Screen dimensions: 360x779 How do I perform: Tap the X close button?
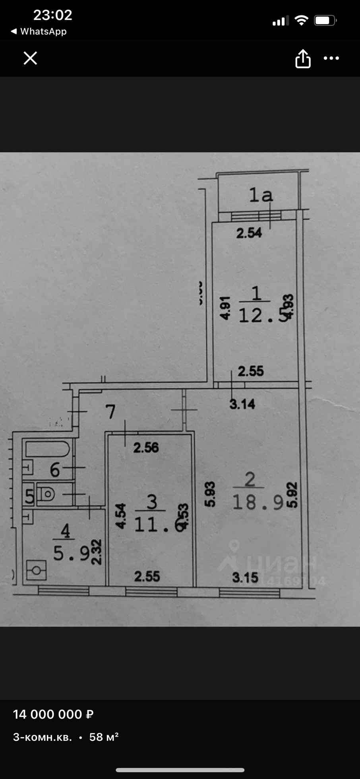pyautogui.click(x=30, y=58)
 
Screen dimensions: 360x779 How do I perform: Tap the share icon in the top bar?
pyautogui.click(x=303, y=59)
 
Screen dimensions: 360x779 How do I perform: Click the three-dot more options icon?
pyautogui.click(x=331, y=58)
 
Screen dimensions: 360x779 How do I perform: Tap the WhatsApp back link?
pyautogui.click(x=39, y=31)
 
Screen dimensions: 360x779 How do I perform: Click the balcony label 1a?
pyautogui.click(x=261, y=195)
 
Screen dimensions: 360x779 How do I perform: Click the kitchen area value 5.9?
pyautogui.click(x=71, y=553)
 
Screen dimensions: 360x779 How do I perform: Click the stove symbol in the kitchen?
pyautogui.click(x=37, y=570)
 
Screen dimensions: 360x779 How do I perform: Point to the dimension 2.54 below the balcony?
pyautogui.click(x=249, y=233)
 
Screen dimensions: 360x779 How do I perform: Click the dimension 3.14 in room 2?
pyautogui.click(x=242, y=404)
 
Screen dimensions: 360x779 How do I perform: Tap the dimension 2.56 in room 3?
pyautogui.click(x=146, y=448)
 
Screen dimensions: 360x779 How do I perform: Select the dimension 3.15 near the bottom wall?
pyautogui.click(x=245, y=577)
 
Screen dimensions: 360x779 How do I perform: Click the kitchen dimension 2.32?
pyautogui.click(x=97, y=552)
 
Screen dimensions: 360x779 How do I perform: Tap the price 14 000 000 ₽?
pyautogui.click(x=53, y=714)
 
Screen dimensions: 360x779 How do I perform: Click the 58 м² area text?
pyautogui.click(x=104, y=737)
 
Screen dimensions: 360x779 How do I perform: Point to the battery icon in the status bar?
pyautogui.click(x=325, y=20)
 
